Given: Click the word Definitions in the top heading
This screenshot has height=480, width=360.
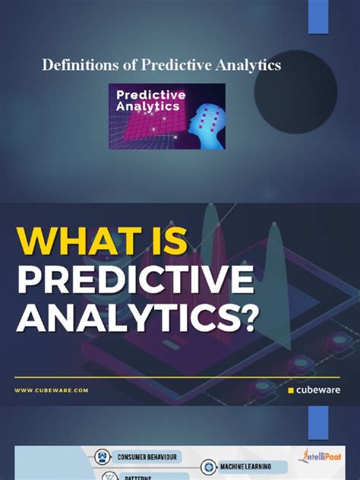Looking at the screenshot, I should [76, 66].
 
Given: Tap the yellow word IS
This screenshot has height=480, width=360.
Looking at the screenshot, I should [158, 242].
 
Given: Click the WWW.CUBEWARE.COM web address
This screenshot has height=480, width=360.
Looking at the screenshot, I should [51, 390].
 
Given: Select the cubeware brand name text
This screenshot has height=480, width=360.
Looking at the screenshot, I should [319, 390].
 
